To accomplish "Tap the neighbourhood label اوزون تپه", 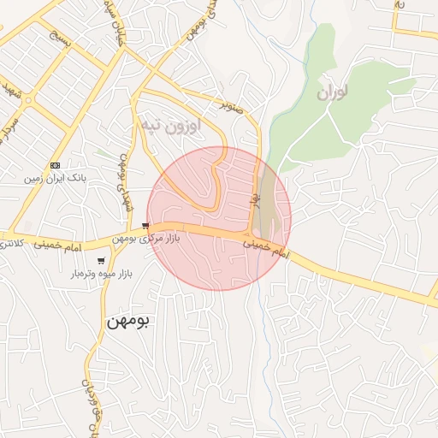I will click(x=171, y=127).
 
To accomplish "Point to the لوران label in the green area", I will click(x=334, y=92).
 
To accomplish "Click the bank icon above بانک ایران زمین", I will click(x=56, y=165).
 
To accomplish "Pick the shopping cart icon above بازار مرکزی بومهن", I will click(x=144, y=226).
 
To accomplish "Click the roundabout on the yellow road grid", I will click(x=28, y=100).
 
